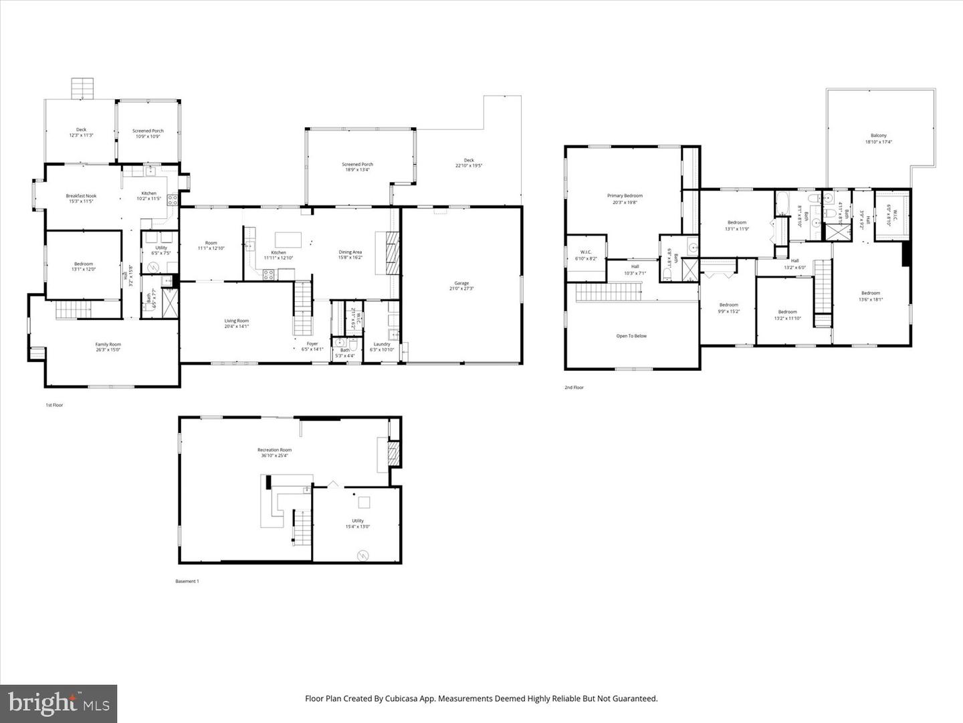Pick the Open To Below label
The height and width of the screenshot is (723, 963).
[631, 336]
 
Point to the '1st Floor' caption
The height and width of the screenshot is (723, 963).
[54, 405]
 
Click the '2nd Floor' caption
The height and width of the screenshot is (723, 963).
[574, 388]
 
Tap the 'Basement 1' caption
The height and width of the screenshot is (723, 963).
[187, 581]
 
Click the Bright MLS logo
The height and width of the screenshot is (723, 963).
[59, 703]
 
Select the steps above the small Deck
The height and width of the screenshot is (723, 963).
[83, 88]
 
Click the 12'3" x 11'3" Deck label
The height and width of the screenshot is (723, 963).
[81, 133]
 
